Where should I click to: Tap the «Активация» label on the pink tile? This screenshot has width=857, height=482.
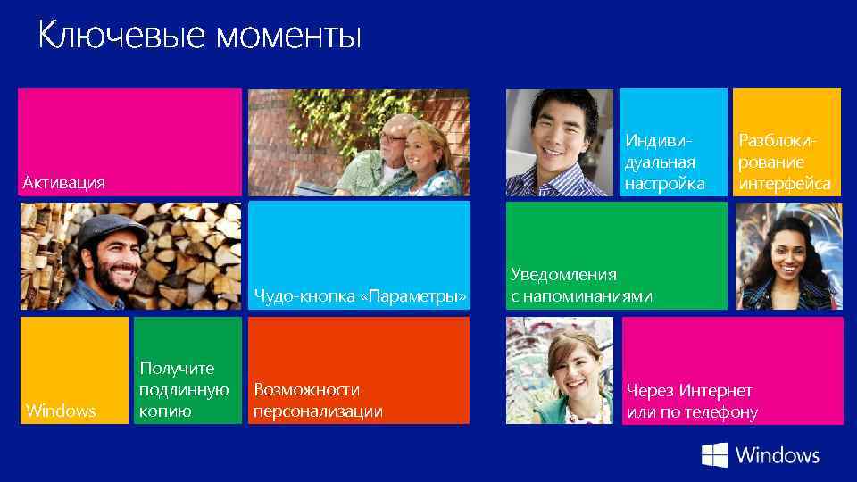click(x=63, y=183)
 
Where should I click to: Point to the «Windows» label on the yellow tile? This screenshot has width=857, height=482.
click(x=61, y=411)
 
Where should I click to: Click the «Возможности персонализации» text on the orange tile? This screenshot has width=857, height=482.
click(x=318, y=401)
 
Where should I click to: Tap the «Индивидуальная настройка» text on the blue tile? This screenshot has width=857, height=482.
click(x=664, y=162)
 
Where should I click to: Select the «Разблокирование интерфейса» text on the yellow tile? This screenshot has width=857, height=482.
click(x=784, y=162)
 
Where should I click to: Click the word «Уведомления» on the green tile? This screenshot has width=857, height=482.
click(x=563, y=274)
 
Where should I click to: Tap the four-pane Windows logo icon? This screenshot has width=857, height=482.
click(x=714, y=455)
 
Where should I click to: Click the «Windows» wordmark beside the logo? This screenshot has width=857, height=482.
click(x=777, y=455)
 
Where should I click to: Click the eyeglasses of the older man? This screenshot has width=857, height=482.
click(x=393, y=137)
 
